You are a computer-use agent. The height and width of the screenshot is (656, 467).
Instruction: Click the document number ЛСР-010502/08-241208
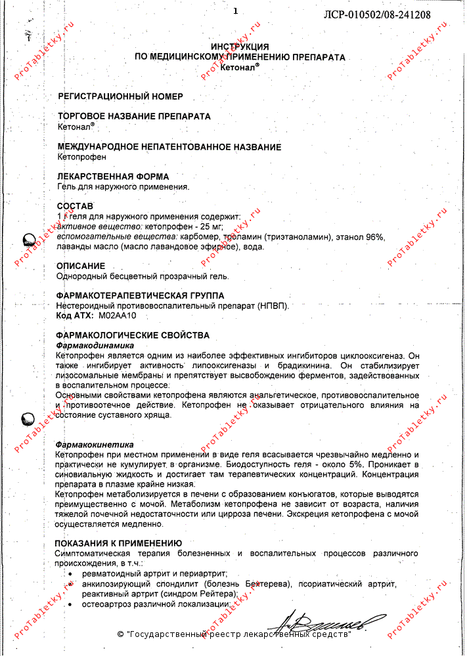378,14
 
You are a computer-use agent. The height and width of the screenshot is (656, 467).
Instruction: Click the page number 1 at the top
234,10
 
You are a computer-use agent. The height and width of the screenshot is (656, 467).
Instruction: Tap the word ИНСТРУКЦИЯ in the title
240,47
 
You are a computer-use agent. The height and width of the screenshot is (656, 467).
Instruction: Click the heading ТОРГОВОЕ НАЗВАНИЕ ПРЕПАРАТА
134,116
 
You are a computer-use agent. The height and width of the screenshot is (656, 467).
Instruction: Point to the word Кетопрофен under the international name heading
81,157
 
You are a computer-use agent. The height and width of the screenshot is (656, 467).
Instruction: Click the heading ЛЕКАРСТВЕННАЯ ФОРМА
113,176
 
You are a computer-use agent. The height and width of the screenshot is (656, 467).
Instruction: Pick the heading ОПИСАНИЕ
81,266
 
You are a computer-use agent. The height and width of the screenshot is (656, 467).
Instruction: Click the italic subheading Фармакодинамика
95,345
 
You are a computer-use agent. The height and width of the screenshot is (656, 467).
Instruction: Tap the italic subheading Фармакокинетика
95,444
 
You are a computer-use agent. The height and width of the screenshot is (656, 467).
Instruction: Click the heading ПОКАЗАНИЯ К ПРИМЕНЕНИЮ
118,543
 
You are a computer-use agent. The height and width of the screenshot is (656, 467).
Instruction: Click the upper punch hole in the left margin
30,241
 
